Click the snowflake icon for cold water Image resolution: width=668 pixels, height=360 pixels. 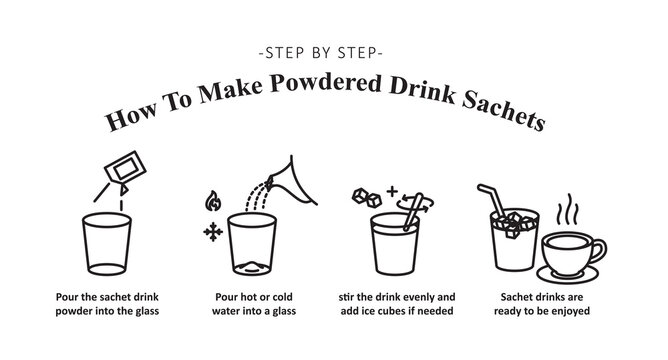click(211, 232)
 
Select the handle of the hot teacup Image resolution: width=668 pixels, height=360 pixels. click(600, 251)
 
